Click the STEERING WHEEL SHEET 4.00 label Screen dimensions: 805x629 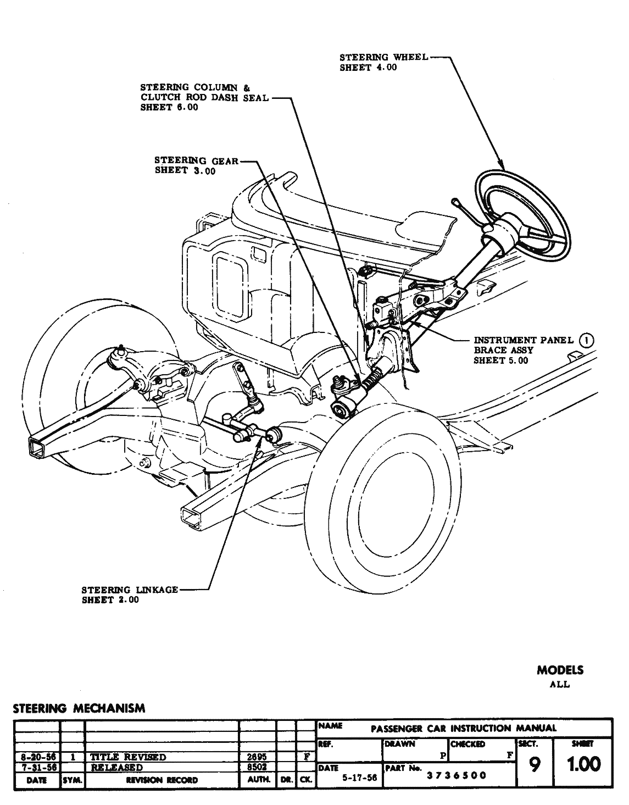[383, 62]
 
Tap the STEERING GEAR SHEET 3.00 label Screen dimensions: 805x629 [196, 165]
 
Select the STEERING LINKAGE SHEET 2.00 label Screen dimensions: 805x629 [130, 595]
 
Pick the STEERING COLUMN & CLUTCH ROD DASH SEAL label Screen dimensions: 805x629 [204, 97]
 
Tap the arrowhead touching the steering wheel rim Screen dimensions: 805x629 [500, 165]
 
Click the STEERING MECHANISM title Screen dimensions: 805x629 [79, 708]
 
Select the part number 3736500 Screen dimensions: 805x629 [457, 775]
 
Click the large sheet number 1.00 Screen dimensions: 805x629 [583, 764]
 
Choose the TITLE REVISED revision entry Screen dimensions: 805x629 [128, 757]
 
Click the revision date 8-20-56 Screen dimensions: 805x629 [36, 757]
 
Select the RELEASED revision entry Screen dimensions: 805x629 [117, 767]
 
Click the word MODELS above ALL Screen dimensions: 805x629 [560, 670]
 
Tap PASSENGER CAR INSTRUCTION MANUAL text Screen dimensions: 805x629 [464, 729]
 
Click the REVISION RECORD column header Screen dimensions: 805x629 [162, 780]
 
